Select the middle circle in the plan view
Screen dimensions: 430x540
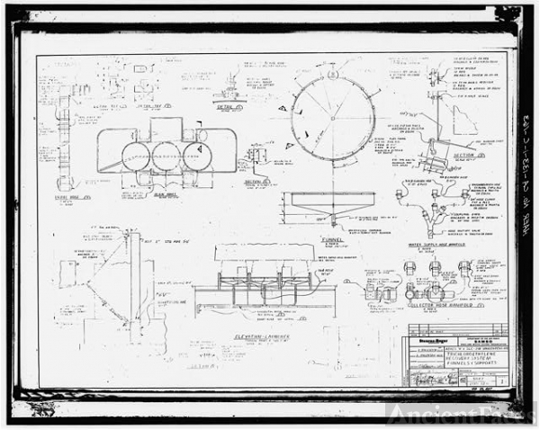[x=166, y=156]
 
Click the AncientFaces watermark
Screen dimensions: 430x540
[x=460, y=413]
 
